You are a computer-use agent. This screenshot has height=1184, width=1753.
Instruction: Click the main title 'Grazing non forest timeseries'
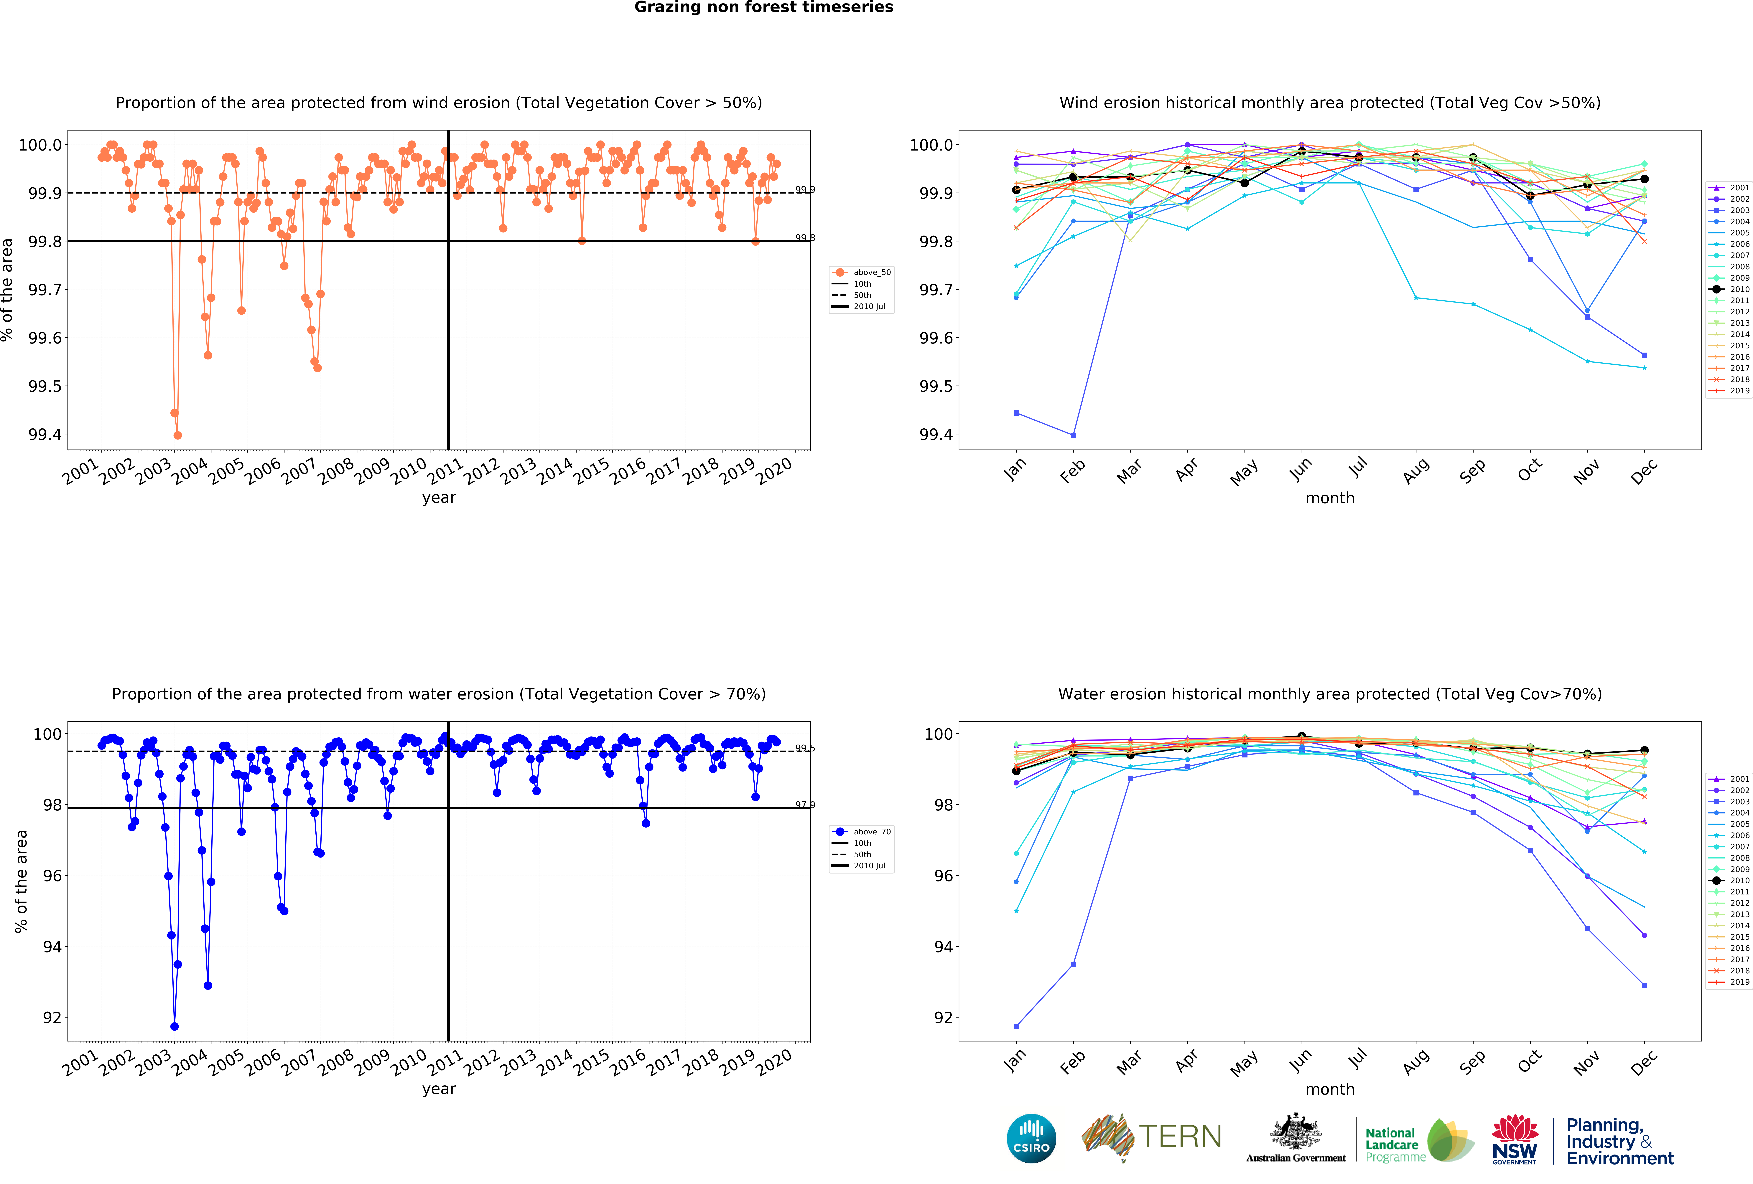pyautogui.click(x=763, y=8)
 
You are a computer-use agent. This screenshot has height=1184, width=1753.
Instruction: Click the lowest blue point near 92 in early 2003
pyautogui.click(x=174, y=1026)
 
